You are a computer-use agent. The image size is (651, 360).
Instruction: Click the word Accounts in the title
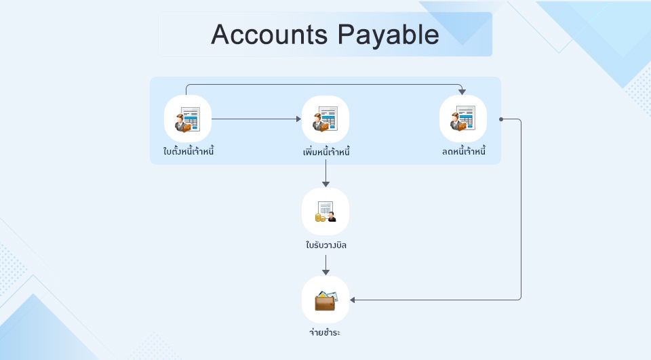tap(269, 34)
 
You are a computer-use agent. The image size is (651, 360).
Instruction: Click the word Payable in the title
tap(388, 35)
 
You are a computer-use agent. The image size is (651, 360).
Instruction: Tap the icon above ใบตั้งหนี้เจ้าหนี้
tap(188, 119)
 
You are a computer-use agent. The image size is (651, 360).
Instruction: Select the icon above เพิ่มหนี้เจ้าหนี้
tap(325, 119)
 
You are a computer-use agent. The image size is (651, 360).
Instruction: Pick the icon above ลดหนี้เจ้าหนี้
tap(463, 119)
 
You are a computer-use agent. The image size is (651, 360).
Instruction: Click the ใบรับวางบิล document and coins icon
tap(325, 212)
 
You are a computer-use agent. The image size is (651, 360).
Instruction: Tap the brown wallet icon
tap(325, 300)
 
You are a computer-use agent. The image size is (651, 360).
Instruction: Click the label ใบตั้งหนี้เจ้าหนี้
tap(189, 151)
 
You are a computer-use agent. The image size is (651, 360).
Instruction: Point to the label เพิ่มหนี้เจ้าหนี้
tap(326, 152)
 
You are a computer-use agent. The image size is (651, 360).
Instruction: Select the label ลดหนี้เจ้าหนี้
tap(464, 151)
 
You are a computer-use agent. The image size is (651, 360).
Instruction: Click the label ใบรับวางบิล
tap(326, 245)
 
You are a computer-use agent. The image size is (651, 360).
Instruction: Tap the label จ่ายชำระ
tap(325, 332)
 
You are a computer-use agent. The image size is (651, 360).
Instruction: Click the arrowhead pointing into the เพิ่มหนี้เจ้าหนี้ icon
tap(298, 119)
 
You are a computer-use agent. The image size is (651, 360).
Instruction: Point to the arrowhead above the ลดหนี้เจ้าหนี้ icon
tap(462, 92)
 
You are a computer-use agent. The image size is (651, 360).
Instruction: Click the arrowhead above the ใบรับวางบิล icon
tap(325, 184)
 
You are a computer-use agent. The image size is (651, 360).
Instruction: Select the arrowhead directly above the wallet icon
tap(325, 272)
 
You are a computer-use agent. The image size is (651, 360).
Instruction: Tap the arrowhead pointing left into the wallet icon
tap(353, 300)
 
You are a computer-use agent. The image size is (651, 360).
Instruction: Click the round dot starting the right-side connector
tap(501, 119)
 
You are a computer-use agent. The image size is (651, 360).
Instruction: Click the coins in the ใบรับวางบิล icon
tap(320, 218)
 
